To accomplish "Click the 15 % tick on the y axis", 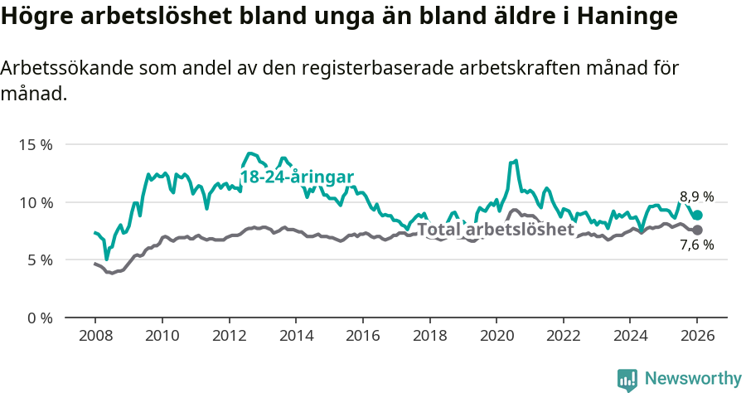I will (x=35, y=144).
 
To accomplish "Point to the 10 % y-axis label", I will (x=35, y=202).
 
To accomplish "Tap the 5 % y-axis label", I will (x=38, y=260).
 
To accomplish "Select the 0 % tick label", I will (x=38, y=318).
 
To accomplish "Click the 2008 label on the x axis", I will (x=94, y=337).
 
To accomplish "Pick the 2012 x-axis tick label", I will (x=229, y=337).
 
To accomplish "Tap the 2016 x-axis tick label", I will (x=362, y=337).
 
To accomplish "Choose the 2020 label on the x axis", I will (x=496, y=337).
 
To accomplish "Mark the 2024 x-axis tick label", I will (x=629, y=337).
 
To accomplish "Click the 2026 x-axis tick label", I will (x=696, y=337).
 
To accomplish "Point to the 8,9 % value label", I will (x=696, y=196).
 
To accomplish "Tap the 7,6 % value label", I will (x=696, y=245).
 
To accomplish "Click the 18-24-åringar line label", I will (x=297, y=177).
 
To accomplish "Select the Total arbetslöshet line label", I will (x=495, y=230).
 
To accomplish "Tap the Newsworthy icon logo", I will (x=627, y=379).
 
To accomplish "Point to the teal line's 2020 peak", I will (x=516, y=161).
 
